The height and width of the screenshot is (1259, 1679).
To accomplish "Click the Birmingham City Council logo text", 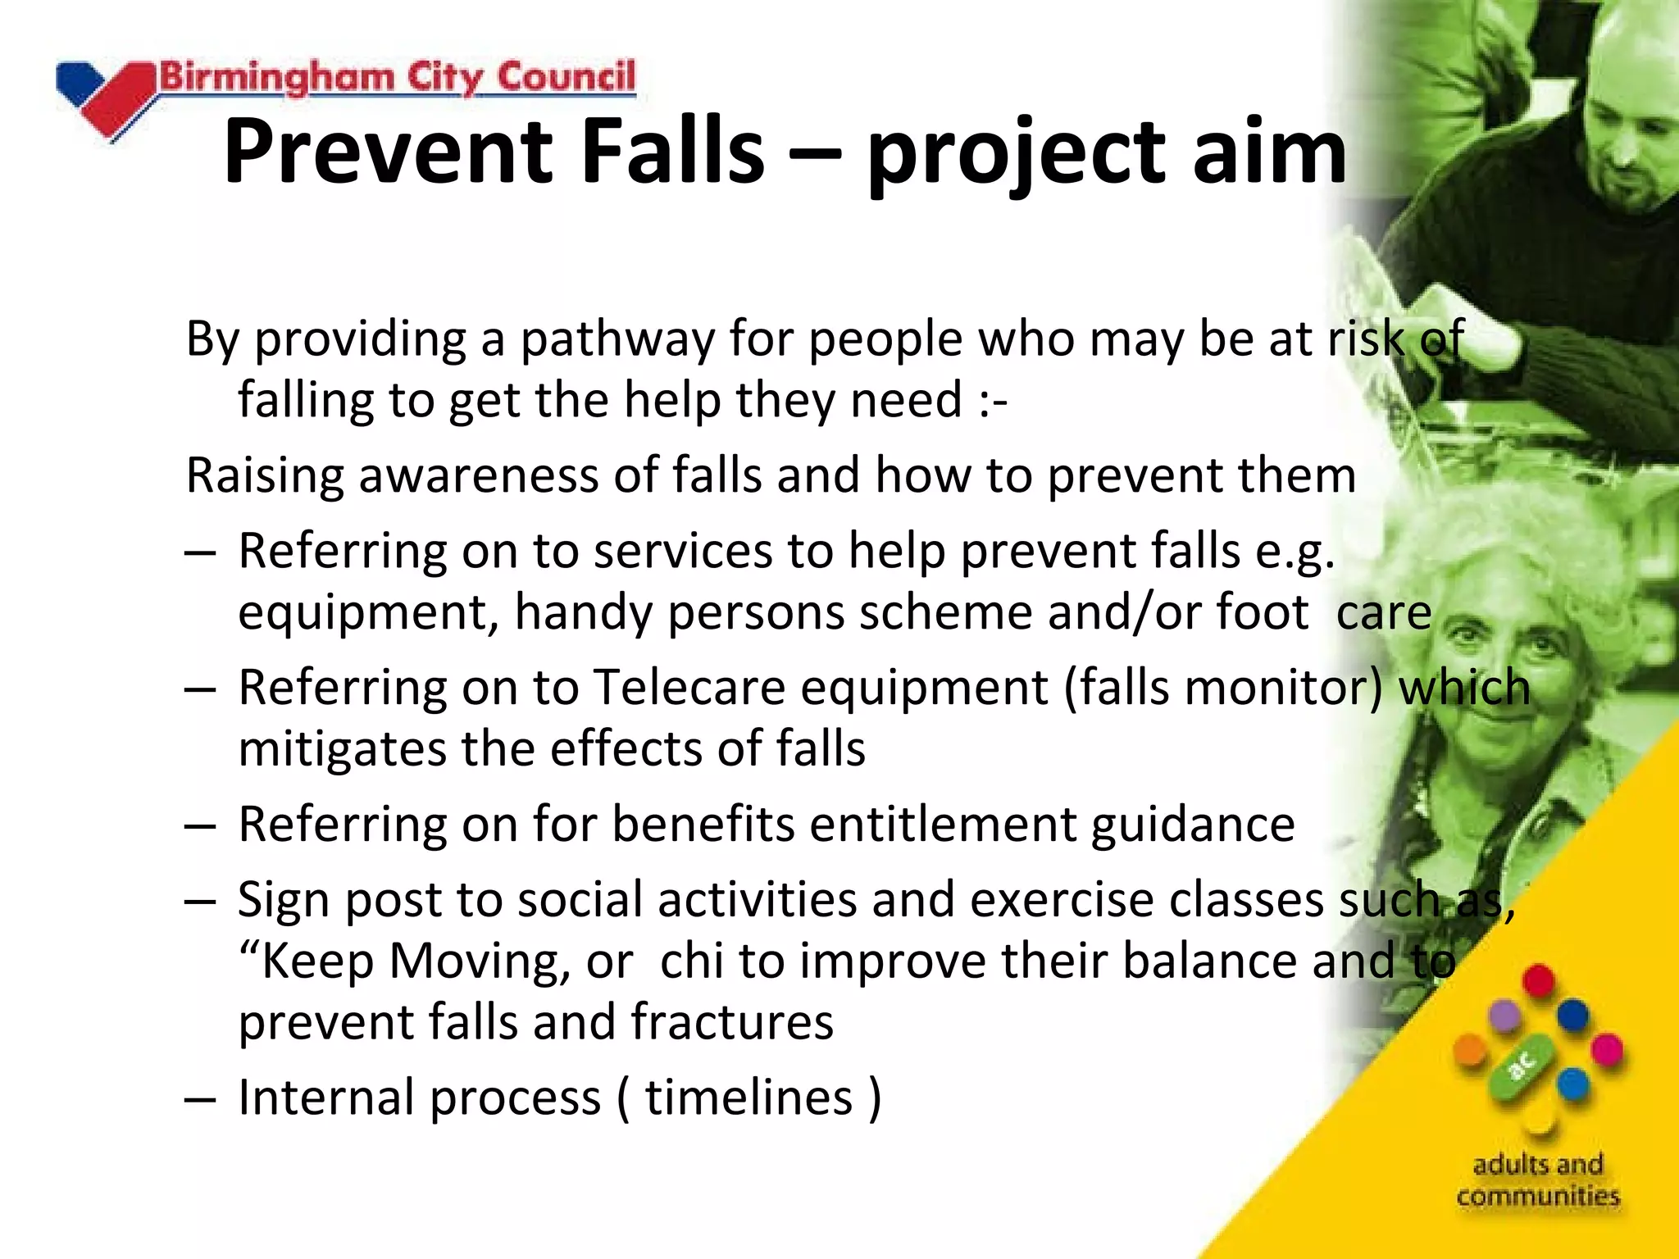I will [397, 79].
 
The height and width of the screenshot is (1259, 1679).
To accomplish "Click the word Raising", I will [265, 476].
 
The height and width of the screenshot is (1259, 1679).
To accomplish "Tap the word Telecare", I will [689, 687].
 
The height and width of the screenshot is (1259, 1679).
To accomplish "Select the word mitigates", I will [342, 749].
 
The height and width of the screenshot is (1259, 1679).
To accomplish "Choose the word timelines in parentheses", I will [748, 1098].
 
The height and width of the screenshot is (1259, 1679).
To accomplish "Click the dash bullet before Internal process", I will [200, 1098].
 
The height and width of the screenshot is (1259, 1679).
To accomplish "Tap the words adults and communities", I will [1538, 1180].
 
